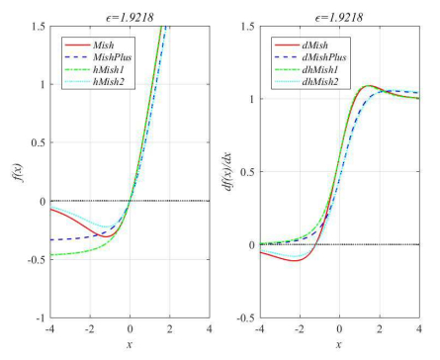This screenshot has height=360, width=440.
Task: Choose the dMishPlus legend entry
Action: pyautogui.click(x=329, y=57)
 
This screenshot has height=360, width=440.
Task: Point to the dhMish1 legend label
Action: pyautogui.click(x=325, y=69)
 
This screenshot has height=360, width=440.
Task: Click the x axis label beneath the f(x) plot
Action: pyautogui.click(x=130, y=346)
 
